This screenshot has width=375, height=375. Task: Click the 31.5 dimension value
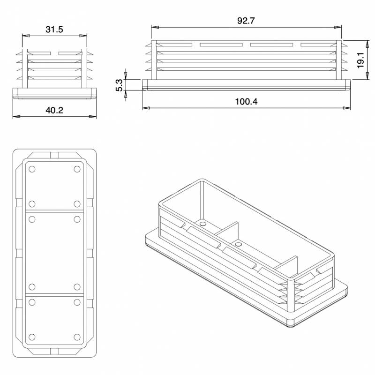54,29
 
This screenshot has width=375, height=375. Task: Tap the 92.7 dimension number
246,21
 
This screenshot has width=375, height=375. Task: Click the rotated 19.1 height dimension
360,60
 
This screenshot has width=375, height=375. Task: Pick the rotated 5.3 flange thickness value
119,85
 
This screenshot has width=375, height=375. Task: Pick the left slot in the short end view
37,53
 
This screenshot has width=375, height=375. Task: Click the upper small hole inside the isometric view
202,225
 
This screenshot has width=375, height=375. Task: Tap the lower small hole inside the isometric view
239,244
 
